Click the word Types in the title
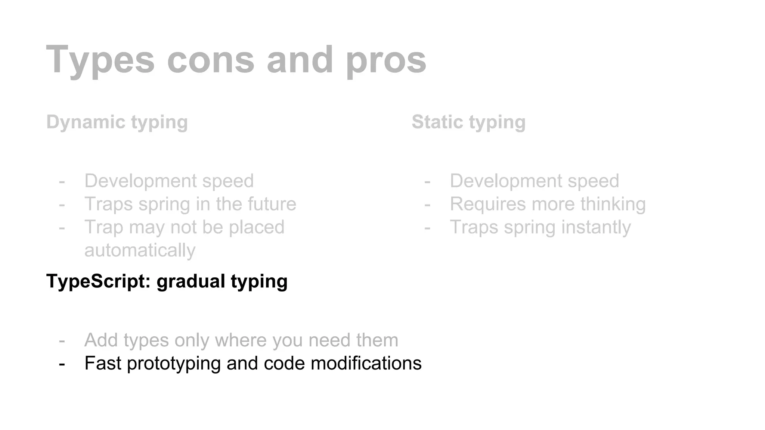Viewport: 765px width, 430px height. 100,60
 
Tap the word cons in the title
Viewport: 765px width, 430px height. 210,60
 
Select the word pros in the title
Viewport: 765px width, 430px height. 386,60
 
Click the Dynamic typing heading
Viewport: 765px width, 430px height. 117,122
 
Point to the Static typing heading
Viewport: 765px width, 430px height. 468,122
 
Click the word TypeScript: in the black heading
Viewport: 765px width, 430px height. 98,281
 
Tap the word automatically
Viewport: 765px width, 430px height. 140,250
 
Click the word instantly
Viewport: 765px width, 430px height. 603,227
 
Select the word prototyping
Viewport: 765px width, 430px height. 174,363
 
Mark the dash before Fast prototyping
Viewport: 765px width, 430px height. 62,363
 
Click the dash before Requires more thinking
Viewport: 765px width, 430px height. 427,204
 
